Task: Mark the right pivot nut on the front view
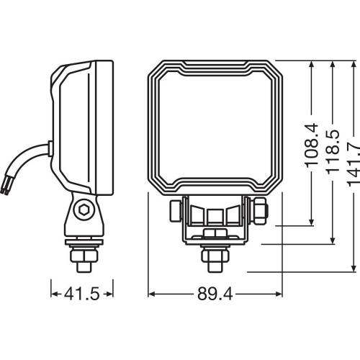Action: (x=260, y=211)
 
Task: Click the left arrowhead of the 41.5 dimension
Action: (x=54, y=294)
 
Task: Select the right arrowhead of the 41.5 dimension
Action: (x=111, y=294)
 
